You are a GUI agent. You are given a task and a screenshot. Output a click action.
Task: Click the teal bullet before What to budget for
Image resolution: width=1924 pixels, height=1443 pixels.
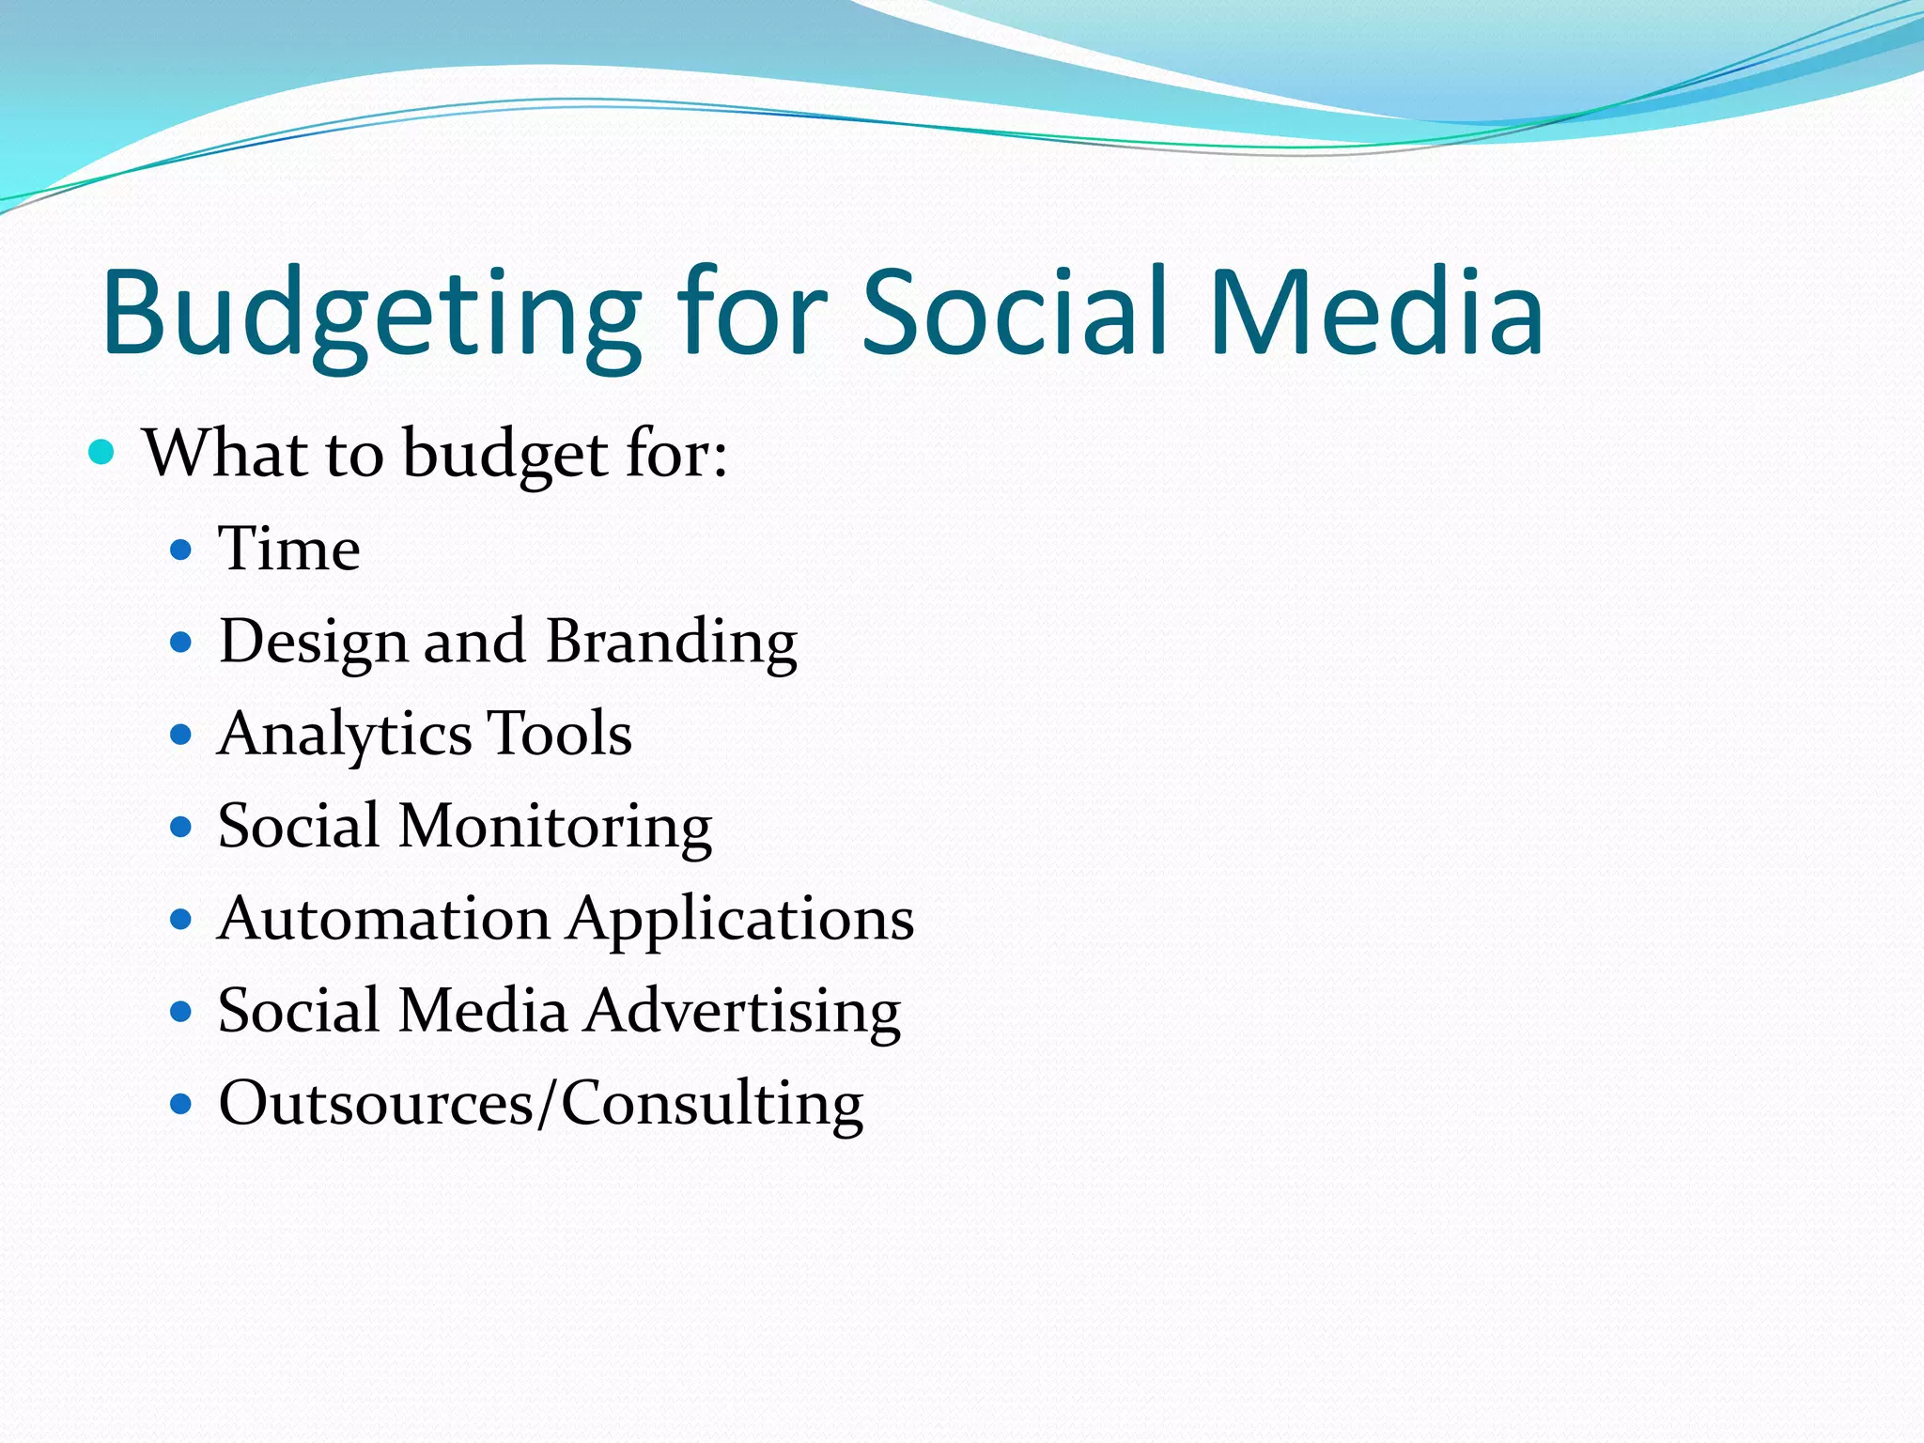(x=101, y=453)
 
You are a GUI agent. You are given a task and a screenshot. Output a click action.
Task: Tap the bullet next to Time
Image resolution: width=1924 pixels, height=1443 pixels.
(x=181, y=550)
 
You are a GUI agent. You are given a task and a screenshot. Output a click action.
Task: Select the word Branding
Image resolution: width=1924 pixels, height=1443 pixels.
(x=672, y=644)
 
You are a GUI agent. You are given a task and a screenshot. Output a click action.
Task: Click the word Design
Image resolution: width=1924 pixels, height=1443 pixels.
(x=313, y=644)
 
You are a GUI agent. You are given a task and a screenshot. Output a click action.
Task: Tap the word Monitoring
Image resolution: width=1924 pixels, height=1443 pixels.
(x=555, y=828)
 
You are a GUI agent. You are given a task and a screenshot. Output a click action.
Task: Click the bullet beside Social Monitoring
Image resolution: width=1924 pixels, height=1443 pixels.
(x=181, y=827)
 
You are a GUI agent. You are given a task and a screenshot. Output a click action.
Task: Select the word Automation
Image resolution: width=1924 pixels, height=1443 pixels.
(x=384, y=918)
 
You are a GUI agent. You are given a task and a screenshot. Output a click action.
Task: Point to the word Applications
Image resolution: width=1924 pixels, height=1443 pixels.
(x=741, y=920)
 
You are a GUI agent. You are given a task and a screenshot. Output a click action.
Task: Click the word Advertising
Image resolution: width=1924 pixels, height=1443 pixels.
(x=743, y=1012)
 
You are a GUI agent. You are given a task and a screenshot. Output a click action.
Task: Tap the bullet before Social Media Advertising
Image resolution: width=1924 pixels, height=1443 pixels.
(x=181, y=1012)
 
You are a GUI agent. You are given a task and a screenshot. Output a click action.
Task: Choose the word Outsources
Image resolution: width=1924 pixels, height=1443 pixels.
(x=376, y=1103)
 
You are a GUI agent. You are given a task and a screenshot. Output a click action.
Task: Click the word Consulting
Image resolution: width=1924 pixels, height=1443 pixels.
(x=712, y=1105)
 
